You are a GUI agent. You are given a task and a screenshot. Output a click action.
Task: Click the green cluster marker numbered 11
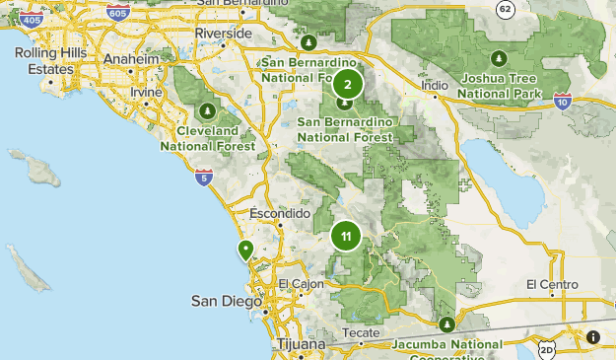pyautogui.click(x=346, y=236)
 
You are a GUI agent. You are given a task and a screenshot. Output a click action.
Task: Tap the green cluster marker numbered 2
pyautogui.click(x=347, y=84)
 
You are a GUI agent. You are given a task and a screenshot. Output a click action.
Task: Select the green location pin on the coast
pyautogui.click(x=243, y=249)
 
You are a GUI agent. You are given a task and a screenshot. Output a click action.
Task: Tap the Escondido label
pyautogui.click(x=281, y=214)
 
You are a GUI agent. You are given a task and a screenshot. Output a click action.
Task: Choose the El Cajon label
pyautogui.click(x=301, y=284)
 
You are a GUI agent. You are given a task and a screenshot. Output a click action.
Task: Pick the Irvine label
pyautogui.click(x=146, y=92)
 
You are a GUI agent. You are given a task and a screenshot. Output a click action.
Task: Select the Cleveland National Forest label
pyautogui.click(x=208, y=138)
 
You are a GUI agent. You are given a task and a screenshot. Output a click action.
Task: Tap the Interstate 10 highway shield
pyautogui.click(x=562, y=100)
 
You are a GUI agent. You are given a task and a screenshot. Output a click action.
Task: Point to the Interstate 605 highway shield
pyautogui.click(x=117, y=13)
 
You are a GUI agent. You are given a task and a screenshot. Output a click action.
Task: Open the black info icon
pyautogui.click(x=593, y=336)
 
